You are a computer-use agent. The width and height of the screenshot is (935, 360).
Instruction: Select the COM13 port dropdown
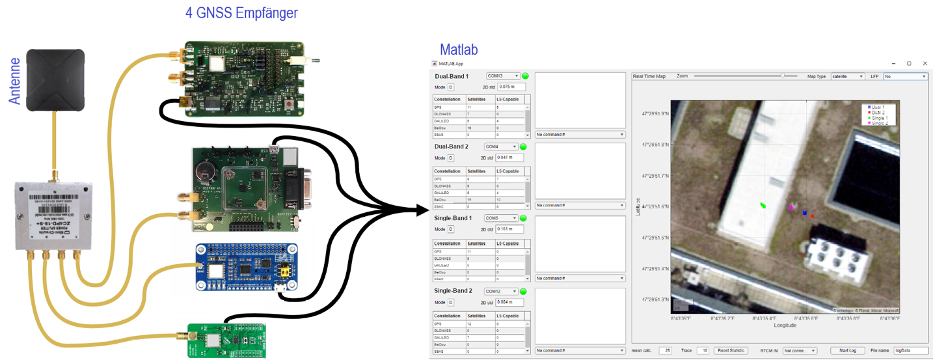503,76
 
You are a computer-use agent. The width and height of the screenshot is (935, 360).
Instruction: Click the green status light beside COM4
523,147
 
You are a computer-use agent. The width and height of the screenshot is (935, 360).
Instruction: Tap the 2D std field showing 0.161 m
509,229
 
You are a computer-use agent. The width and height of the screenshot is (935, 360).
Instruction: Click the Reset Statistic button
731,351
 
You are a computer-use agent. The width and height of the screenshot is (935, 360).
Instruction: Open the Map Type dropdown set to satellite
847,76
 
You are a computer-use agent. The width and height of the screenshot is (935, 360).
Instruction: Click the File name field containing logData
910,351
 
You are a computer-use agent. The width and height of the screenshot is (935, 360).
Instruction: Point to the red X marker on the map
813,215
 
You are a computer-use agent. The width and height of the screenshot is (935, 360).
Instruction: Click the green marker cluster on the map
763,206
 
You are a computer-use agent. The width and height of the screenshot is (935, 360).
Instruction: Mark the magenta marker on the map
791,208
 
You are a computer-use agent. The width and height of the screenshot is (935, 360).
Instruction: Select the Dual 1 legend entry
878,107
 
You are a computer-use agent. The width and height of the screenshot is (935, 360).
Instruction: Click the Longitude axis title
785,325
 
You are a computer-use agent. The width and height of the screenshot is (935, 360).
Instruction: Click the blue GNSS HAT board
247,267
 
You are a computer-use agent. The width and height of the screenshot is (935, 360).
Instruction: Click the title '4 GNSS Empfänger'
241,13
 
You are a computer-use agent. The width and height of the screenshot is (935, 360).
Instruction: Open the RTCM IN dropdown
799,351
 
